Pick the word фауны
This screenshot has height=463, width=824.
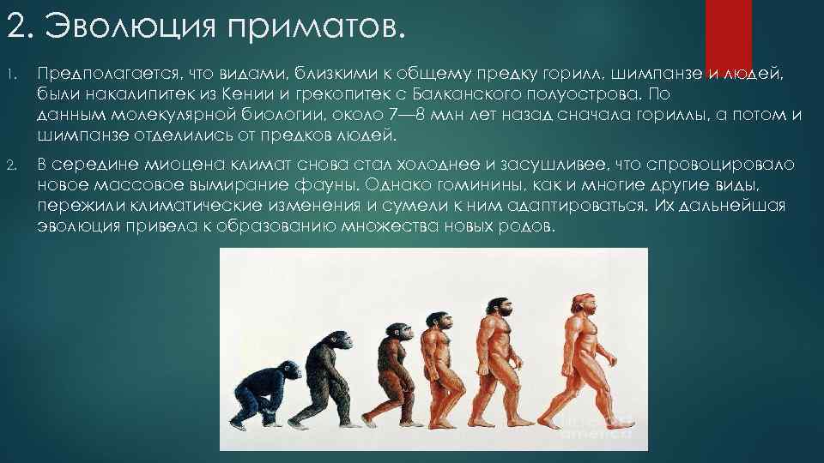pos(337,185)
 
